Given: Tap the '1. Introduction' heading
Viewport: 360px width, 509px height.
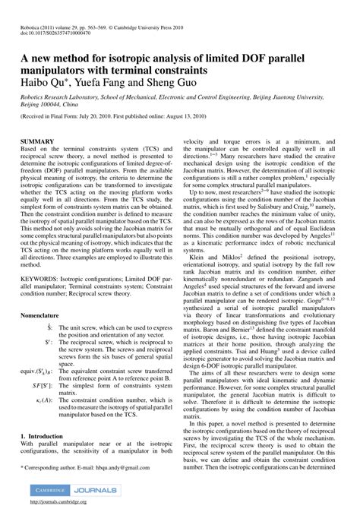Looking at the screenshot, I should [46, 438].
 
